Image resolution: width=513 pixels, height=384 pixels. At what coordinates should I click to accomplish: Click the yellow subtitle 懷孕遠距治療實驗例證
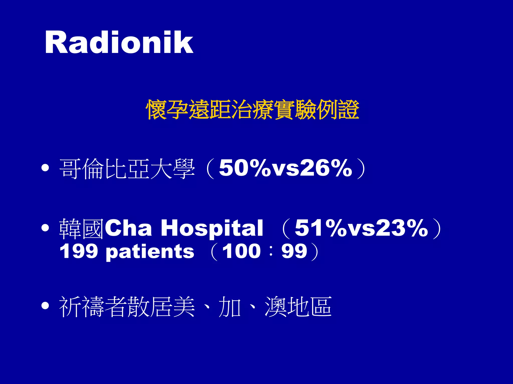click(x=252, y=109)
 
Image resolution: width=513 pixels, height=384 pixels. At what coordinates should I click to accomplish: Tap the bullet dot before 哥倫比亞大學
click(x=45, y=168)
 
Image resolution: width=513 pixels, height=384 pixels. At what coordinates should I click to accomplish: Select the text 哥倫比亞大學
click(x=127, y=169)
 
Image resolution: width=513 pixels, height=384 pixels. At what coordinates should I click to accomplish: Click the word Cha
click(x=128, y=228)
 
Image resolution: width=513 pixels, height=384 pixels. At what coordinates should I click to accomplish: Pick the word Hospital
click(x=212, y=228)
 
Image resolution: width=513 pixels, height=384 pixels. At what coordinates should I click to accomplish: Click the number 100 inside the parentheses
click(x=241, y=251)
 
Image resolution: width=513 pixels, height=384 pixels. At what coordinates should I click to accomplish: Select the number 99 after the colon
click(x=294, y=251)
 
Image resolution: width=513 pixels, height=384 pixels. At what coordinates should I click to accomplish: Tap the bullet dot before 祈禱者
click(x=45, y=305)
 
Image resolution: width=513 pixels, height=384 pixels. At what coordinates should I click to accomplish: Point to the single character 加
click(x=229, y=306)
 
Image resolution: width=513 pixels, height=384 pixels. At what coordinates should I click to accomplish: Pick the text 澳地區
click(x=298, y=306)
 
